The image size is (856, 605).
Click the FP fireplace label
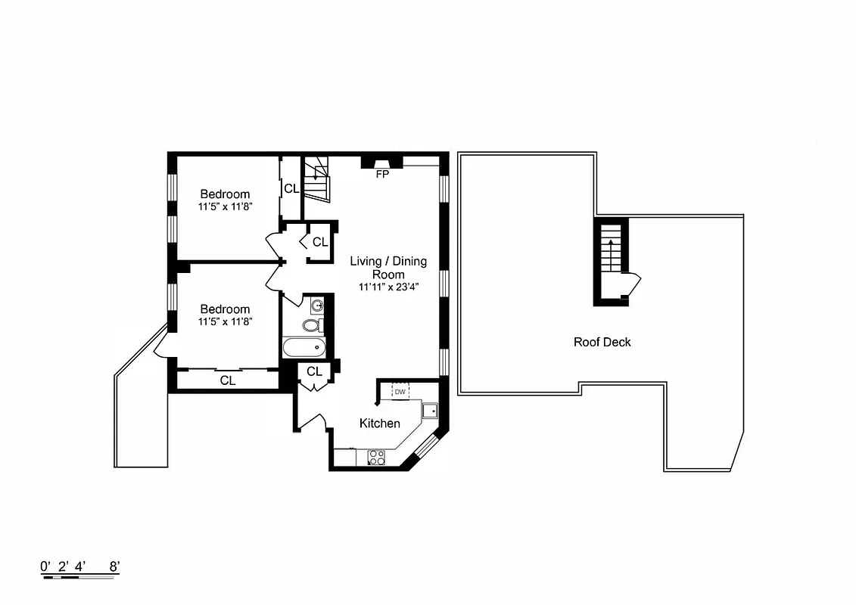click(x=382, y=174)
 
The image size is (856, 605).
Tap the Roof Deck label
click(x=602, y=342)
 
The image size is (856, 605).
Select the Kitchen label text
click(x=379, y=423)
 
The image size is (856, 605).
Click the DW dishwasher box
click(x=400, y=392)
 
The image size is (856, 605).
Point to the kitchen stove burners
click(x=375, y=457)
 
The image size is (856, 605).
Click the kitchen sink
click(x=430, y=411)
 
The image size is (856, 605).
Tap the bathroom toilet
click(x=312, y=326)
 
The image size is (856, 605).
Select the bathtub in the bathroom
click(x=303, y=349)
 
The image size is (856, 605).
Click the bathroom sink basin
click(x=318, y=306)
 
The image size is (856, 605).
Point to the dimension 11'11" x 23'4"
click(x=388, y=287)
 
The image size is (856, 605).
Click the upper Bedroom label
click(x=225, y=194)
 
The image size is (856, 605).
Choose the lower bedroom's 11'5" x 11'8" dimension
click(x=225, y=321)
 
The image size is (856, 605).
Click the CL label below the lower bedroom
click(x=228, y=380)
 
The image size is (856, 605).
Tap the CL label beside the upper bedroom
click(x=291, y=188)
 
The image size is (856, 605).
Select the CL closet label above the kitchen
click(x=314, y=371)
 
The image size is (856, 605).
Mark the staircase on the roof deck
click(x=611, y=253)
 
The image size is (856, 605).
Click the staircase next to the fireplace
click(x=316, y=180)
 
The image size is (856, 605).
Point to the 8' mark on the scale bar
click(x=114, y=566)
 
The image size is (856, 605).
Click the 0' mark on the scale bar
click(x=45, y=566)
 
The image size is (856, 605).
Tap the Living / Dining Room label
click(x=388, y=268)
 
